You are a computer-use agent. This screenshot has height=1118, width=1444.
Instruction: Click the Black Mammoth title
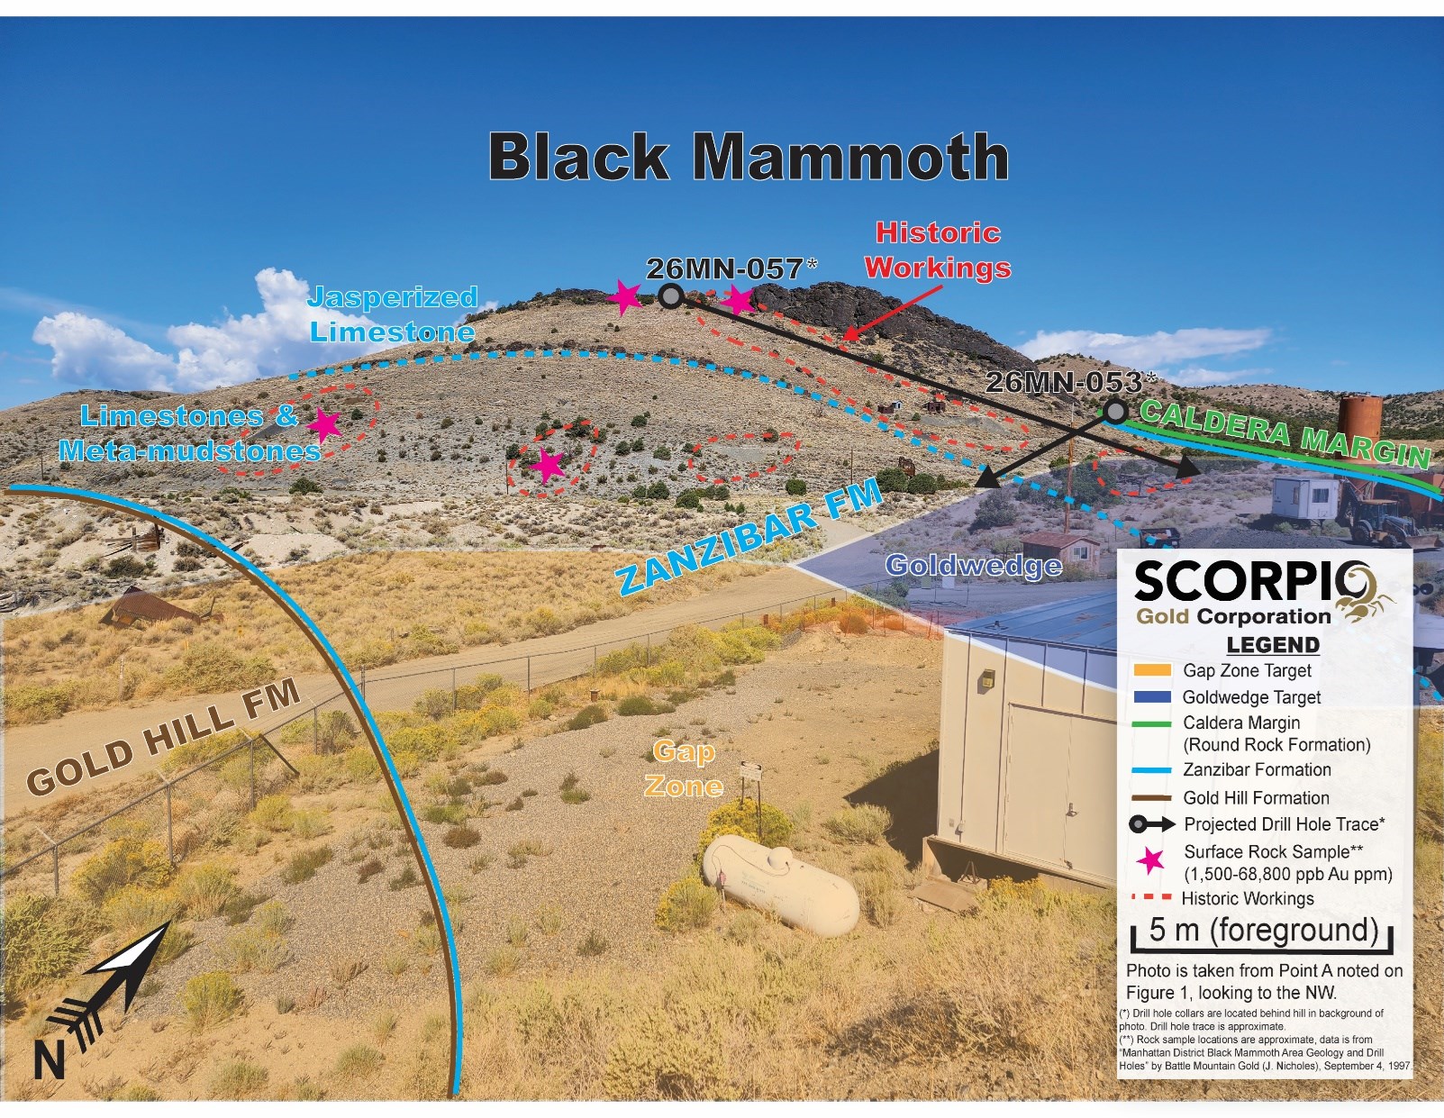748,157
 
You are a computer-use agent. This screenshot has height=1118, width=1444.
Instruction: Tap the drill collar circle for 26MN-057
670,295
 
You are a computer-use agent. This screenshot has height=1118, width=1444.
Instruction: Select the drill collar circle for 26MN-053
1116,413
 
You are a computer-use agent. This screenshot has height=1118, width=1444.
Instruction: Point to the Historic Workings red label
938,250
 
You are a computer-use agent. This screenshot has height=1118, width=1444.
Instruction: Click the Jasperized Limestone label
393,314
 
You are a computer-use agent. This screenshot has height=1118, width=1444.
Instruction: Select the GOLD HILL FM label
163,737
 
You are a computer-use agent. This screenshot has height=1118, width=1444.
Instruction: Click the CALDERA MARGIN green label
1285,434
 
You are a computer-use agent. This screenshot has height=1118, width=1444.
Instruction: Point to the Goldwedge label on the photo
973,566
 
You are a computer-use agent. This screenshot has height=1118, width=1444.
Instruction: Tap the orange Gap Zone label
684,768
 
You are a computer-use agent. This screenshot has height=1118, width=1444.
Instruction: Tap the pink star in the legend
1149,861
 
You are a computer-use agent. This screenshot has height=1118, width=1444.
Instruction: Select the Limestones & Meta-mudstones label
189,433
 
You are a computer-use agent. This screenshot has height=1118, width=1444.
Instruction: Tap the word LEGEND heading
1272,645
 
